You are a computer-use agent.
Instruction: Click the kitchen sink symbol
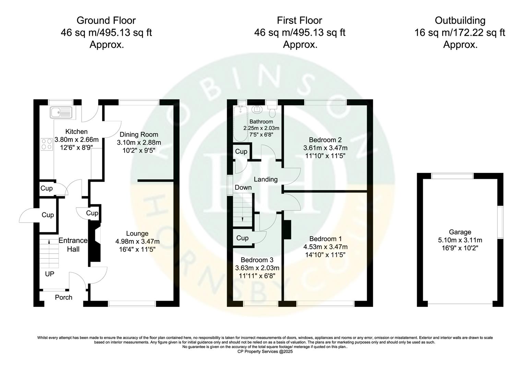tap(61, 112)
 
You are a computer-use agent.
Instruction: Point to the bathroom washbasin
tap(256, 109)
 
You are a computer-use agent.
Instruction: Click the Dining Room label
tap(139, 135)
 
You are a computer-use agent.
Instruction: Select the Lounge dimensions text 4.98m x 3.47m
tap(137, 242)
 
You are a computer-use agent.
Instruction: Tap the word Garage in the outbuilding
tap(460, 232)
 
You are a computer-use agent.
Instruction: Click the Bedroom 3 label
tap(257, 260)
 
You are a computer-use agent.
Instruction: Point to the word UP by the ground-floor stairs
tap(50, 274)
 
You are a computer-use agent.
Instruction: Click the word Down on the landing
tap(243, 187)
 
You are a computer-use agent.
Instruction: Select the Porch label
tap(64, 297)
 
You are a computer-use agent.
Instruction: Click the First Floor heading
tap(299, 21)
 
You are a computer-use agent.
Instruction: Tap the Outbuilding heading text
tap(460, 21)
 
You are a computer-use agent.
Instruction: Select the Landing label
tap(265, 179)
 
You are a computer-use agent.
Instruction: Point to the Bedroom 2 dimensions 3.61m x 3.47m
tap(325, 148)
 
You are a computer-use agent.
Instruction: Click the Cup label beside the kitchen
tap(47, 188)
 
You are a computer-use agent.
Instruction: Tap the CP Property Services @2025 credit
tap(265, 351)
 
